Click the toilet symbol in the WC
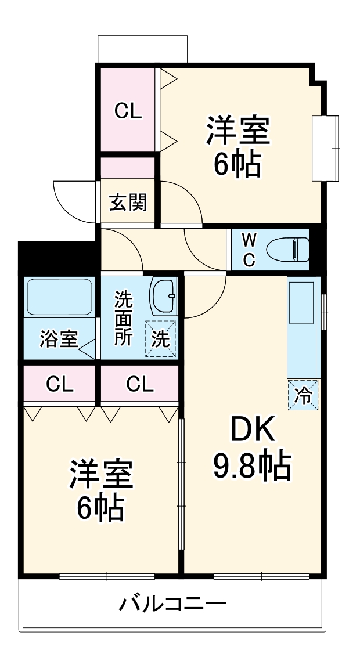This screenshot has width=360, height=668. [287, 250]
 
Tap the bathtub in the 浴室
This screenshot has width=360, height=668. [59, 297]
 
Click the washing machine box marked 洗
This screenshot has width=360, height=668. [161, 339]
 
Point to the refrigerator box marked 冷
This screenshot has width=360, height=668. [303, 395]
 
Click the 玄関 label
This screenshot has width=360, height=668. [128, 203]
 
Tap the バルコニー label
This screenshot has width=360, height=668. [172, 604]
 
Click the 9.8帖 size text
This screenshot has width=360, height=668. [252, 465]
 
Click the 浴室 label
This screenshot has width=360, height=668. [59, 340]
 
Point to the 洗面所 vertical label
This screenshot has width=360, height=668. [123, 318]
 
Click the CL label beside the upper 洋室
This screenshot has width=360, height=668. [127, 112]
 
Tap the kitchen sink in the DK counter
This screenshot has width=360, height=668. [301, 302]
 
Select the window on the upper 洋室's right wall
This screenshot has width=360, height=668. [326, 148]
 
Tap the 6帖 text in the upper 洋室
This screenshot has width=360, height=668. [237, 164]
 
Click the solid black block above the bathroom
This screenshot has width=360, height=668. [56, 257]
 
